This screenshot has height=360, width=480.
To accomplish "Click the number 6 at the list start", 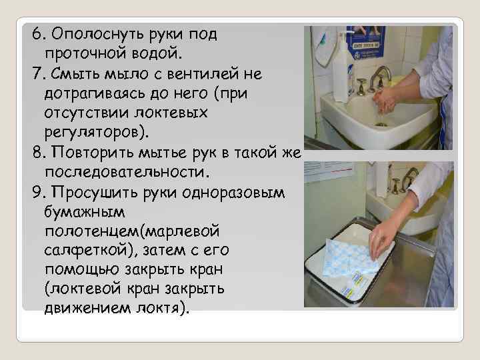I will pyautogui.click(x=37, y=33).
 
